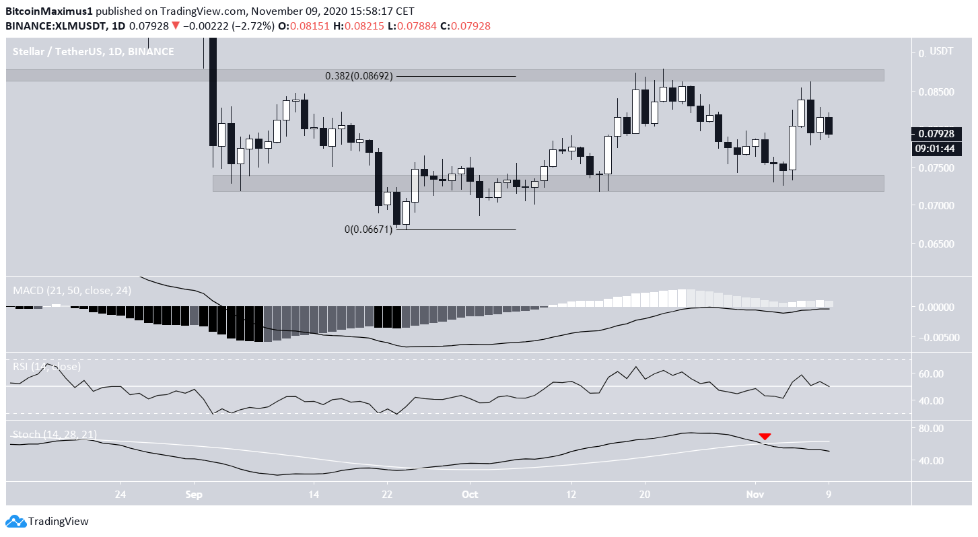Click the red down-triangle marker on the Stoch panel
(x=765, y=436)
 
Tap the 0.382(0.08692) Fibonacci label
(x=359, y=76)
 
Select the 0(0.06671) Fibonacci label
(x=368, y=229)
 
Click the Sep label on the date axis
(x=194, y=494)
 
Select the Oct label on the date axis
(x=470, y=494)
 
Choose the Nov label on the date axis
(x=755, y=494)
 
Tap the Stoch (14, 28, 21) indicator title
(x=55, y=435)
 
